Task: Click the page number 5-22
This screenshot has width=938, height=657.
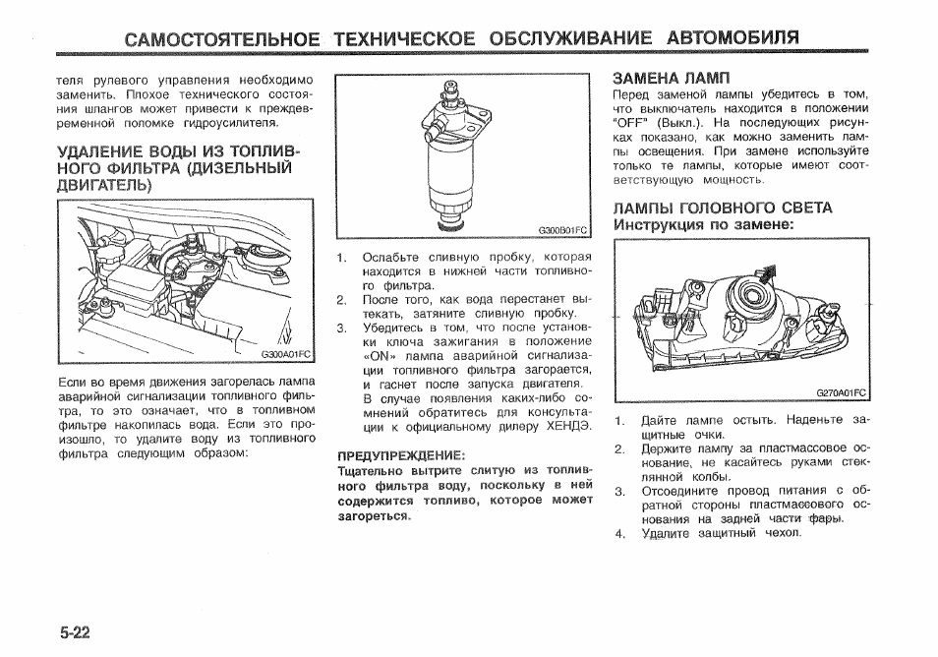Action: (x=75, y=631)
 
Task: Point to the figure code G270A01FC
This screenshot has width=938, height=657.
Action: (x=842, y=392)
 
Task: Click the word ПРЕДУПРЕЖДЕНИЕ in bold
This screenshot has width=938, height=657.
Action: (x=400, y=456)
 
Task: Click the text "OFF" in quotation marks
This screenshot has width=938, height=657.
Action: (x=631, y=124)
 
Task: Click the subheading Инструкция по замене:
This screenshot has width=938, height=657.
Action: (x=703, y=225)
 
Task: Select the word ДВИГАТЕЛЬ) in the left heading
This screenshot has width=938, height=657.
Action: (x=104, y=185)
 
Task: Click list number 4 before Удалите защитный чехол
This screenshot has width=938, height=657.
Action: (x=620, y=534)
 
